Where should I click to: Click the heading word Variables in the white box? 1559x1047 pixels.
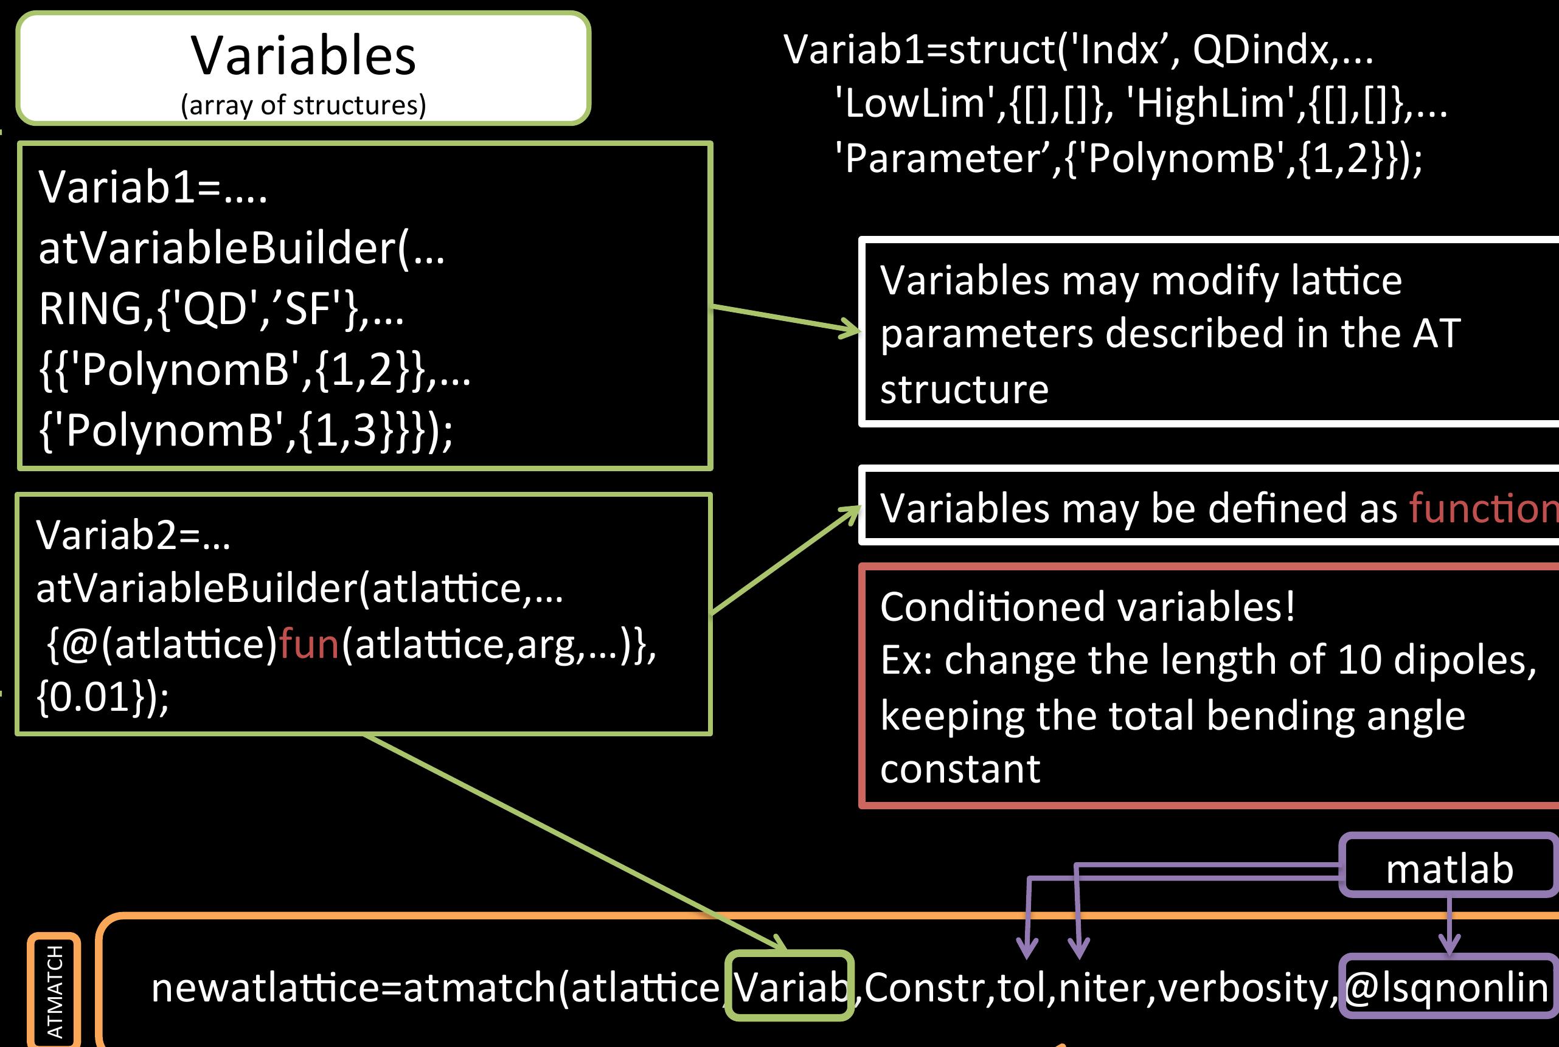coord(304,56)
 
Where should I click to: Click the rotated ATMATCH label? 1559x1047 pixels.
coord(55,992)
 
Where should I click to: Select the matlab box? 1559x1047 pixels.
coord(1449,869)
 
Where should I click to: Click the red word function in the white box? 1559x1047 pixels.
coord(1483,508)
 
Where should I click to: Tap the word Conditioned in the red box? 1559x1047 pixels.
coord(995,607)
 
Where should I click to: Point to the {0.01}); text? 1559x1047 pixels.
coord(103,697)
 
